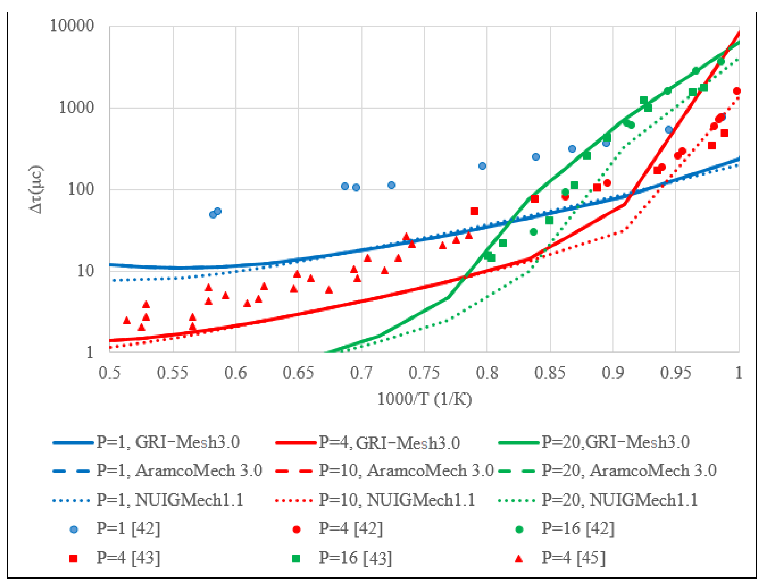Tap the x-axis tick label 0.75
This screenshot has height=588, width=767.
tap(424, 373)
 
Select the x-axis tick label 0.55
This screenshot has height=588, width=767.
tap(172, 373)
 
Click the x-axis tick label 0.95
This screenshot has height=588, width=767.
tap(675, 373)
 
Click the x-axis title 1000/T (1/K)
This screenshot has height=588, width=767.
tap(424, 399)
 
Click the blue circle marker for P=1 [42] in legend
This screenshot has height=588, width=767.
tap(74, 529)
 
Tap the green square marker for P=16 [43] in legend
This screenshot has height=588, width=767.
tap(296, 558)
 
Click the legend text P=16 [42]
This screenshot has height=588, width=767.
tap(578, 528)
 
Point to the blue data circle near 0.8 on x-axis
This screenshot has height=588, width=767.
tap(482, 166)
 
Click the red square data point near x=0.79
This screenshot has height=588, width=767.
tap(474, 211)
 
